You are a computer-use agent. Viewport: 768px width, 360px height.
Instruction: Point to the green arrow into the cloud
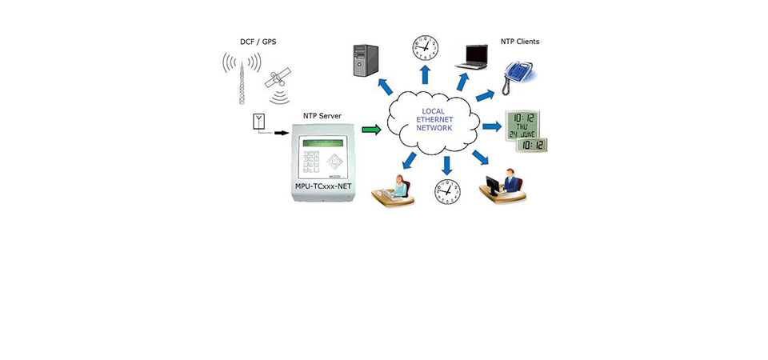click(x=370, y=128)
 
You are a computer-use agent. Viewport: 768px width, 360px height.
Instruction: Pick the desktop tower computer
click(x=366, y=61)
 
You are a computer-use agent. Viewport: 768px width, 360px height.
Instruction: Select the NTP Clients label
click(x=520, y=42)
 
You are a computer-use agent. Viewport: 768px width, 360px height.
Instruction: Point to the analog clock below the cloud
click(x=447, y=192)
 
